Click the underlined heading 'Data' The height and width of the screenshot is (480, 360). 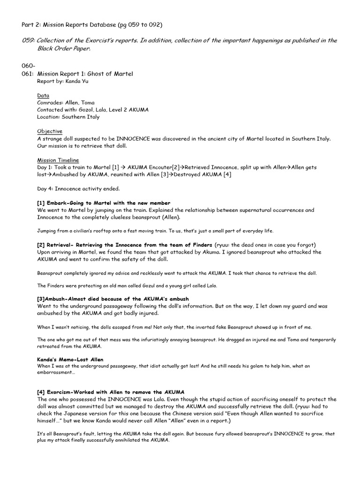[43, 95]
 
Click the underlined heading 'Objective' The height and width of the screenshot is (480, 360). [50, 131]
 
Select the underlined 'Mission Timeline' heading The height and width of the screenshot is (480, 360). [58, 160]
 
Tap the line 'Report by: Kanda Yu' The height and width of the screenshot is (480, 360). [62, 81]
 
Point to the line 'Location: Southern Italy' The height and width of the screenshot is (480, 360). [68, 117]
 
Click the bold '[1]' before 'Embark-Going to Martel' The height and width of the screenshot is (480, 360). [41, 203]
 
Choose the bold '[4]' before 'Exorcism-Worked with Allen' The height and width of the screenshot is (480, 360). [41, 391]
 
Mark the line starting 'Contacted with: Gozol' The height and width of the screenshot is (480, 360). [93, 110]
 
